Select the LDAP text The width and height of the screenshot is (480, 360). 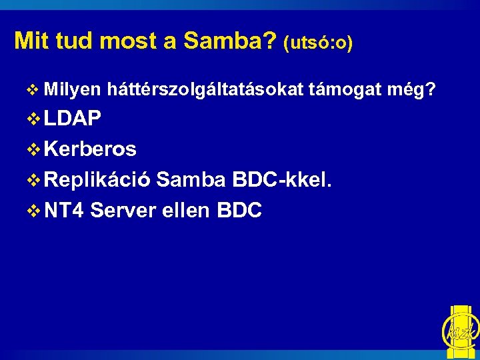tap(73, 119)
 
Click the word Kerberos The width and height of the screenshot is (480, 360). tap(90, 149)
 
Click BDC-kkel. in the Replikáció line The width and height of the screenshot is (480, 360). tap(282, 180)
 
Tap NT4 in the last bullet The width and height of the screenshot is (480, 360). tap(64, 211)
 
